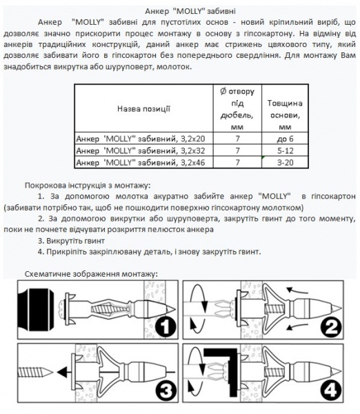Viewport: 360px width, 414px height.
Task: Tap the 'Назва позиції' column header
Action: click(143, 108)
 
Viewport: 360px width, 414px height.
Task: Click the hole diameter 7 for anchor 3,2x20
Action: click(237, 138)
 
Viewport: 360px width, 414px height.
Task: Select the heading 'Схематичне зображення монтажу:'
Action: click(92, 274)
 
